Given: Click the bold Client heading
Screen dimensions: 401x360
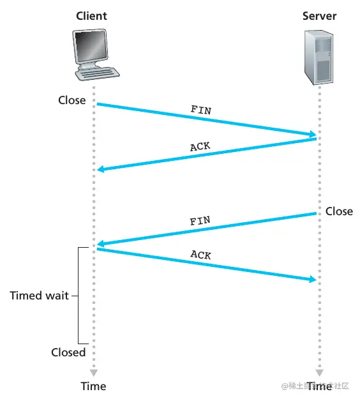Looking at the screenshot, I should [93, 15].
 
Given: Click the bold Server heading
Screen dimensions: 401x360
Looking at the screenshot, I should [319, 15].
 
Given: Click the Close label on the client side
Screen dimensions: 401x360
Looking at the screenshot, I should [71, 100].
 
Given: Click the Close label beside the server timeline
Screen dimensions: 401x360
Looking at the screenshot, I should [339, 211].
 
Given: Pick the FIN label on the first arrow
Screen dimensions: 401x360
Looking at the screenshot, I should [201, 109].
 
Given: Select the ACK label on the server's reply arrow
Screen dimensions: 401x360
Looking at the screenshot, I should [200, 147].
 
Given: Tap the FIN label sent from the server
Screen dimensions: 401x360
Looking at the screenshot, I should [200, 222].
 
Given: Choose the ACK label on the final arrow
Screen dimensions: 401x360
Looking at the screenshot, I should [200, 255].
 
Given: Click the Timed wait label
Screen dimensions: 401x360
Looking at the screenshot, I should [40, 296].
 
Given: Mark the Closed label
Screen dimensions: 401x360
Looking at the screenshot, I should [68, 352].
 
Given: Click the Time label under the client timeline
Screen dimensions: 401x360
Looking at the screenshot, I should [93, 386].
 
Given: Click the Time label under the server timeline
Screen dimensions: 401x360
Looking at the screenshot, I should [319, 386].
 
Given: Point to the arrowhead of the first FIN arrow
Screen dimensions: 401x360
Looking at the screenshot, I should [312, 135].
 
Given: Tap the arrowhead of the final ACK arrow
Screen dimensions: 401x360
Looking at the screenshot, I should [312, 280].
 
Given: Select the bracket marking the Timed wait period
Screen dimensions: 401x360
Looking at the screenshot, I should [79, 296].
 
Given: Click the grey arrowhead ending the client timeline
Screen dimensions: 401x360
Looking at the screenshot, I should [93, 372].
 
